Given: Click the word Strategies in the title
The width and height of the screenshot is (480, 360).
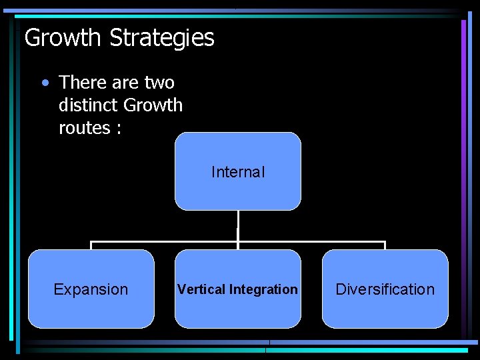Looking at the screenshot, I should tap(162, 37).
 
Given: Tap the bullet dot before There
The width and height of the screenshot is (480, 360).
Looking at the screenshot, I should tap(44, 83).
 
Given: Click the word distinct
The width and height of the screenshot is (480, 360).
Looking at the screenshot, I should tap(87, 105).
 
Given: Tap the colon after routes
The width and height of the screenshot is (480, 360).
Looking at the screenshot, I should tap(118, 129).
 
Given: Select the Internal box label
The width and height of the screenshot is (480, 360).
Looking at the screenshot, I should tap(238, 172).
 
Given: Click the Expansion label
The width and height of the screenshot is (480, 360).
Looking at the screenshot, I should tap(91, 289).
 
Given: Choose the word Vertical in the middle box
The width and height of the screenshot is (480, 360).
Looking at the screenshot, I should tap(201, 289).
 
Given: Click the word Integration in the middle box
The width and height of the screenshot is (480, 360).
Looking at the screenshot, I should tap(263, 289).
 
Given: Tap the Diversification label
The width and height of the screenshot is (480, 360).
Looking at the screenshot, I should tap(385, 289).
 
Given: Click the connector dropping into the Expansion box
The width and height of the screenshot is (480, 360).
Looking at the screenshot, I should tap(91, 245).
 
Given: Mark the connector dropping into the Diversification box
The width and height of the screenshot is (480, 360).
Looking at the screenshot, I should tap(385, 245).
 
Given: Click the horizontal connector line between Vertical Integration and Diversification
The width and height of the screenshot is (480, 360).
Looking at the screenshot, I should tap(312, 241).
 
